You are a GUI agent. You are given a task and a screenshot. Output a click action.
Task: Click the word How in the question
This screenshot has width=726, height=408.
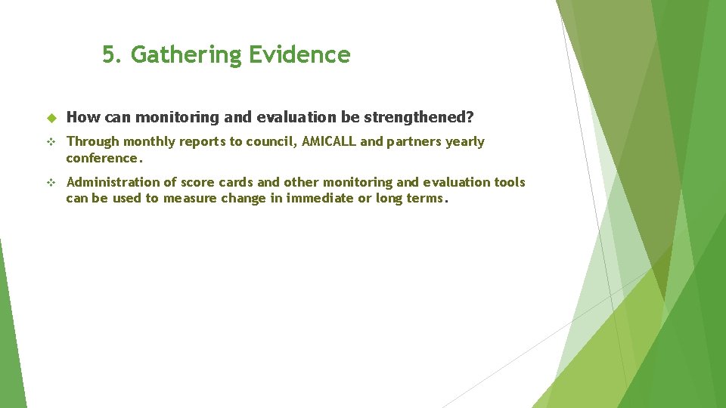coord(80,117)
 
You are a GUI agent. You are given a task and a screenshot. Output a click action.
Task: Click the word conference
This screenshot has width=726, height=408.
coord(103,158)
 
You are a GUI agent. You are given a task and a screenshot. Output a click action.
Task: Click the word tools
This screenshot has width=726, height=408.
coord(508,182)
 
